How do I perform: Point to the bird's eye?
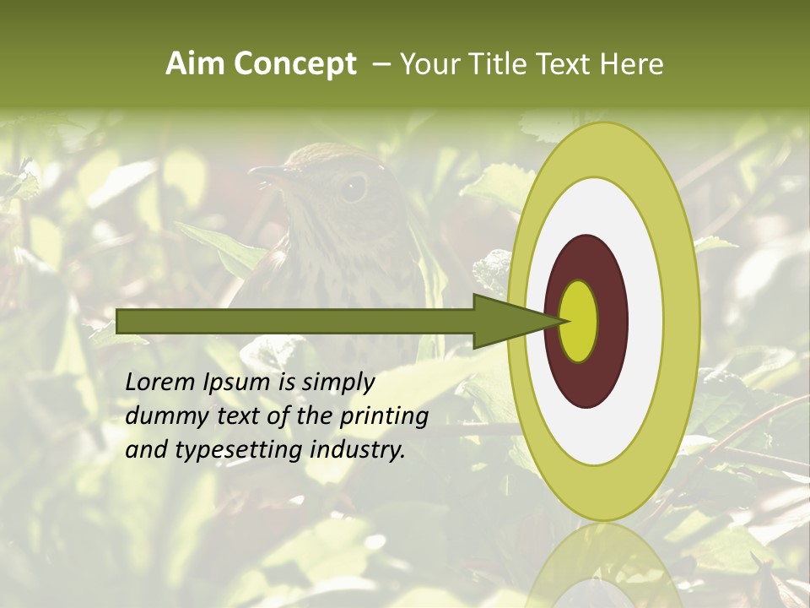(352, 187)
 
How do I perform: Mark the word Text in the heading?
(567, 64)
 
